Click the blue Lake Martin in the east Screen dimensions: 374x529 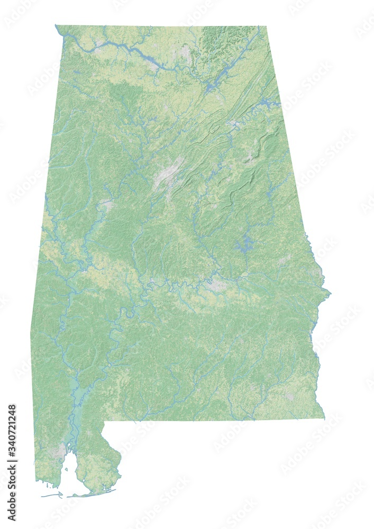click(244, 244)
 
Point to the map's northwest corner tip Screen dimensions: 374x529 click(56, 25)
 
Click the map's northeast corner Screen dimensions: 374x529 click(266, 26)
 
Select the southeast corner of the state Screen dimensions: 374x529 click(324, 418)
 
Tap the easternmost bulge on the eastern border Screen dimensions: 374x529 click(330, 291)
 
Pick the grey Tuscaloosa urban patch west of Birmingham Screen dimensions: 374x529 click(108, 204)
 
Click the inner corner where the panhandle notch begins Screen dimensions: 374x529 click(104, 422)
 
